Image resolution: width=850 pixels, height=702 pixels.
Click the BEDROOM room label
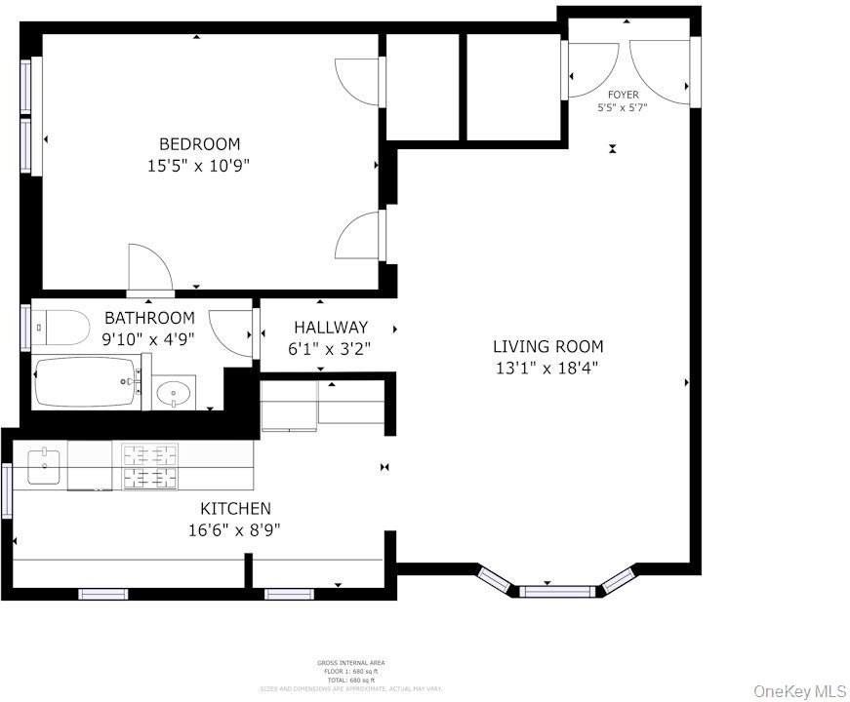(199, 144)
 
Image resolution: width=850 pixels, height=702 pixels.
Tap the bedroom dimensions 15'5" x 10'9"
(199, 166)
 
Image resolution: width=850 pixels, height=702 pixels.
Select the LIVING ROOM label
(547, 346)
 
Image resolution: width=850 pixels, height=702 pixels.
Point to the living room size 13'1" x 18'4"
(547, 369)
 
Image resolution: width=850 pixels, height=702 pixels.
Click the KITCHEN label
(235, 508)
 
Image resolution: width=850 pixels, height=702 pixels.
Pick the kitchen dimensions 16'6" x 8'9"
(235, 530)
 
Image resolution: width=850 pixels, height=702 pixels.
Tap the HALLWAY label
(331, 328)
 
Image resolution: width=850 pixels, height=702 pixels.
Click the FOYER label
(623, 95)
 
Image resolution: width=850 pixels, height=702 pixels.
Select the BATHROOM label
(149, 318)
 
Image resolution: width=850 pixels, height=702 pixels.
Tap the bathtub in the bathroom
(86, 383)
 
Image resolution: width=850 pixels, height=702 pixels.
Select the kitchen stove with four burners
(150, 465)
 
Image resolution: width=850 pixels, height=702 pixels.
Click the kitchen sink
(44, 466)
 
